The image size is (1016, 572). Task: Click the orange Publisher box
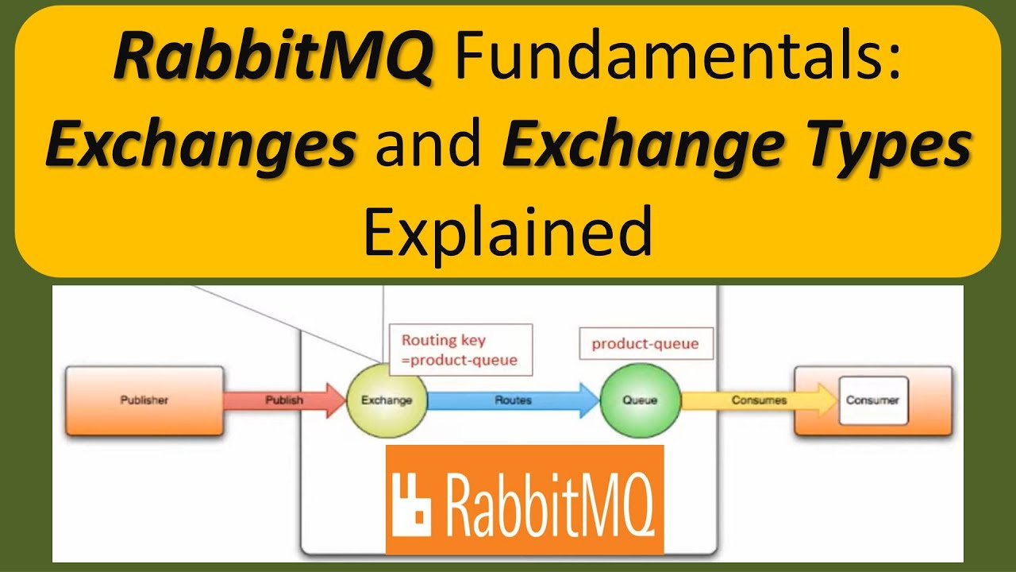click(144, 400)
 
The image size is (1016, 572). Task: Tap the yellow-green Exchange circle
click(387, 400)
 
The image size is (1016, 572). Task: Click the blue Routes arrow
click(513, 400)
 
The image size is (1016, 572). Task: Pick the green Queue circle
click(640, 400)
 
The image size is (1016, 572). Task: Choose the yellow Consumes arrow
click(758, 400)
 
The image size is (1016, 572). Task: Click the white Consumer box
click(872, 400)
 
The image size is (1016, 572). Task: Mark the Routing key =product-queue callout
click(460, 350)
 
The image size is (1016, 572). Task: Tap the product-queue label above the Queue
click(645, 344)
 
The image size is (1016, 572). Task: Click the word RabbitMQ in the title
click(273, 57)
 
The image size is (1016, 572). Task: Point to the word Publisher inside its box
click(144, 400)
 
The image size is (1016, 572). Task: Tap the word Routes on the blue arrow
click(512, 400)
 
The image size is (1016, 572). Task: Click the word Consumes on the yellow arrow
click(759, 400)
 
